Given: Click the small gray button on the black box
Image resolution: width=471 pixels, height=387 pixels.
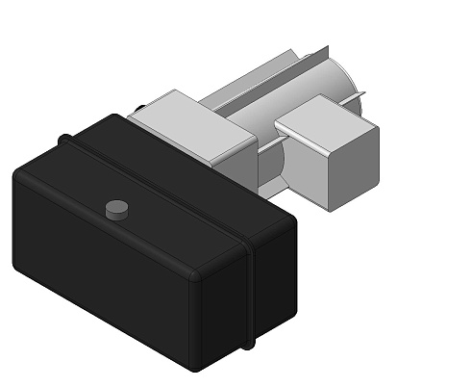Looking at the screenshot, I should click(x=116, y=208).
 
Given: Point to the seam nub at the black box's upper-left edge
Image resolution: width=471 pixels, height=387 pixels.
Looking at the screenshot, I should click(x=65, y=140).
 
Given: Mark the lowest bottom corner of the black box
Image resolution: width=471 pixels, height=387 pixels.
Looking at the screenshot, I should click(x=196, y=367).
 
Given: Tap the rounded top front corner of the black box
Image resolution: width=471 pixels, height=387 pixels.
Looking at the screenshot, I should click(x=196, y=274).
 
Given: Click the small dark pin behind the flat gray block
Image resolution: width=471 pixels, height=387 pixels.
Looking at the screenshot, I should click(x=140, y=108).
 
